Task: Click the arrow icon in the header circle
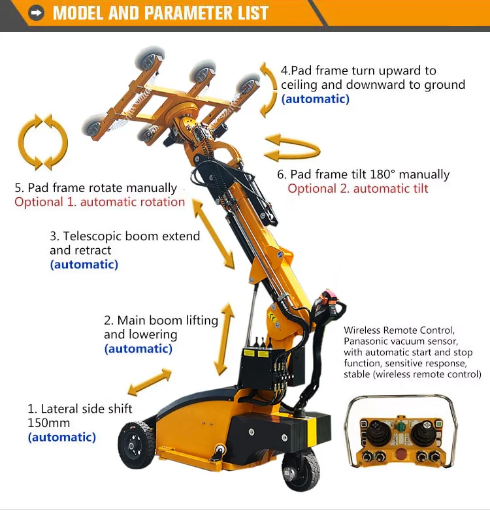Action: [x=36, y=13]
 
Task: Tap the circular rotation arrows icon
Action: [x=43, y=142]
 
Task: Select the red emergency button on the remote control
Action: [x=400, y=453]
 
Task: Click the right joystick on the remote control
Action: [x=424, y=432]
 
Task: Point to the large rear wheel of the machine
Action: [x=136, y=445]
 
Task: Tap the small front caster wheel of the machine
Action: [x=299, y=469]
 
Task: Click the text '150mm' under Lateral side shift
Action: [x=49, y=423]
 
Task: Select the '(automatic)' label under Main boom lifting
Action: [x=139, y=349]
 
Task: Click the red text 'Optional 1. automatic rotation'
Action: [x=99, y=202]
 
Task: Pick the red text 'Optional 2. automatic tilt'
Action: [x=358, y=189]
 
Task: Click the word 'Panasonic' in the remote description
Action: [x=365, y=341]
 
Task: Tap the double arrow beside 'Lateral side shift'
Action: [x=150, y=382]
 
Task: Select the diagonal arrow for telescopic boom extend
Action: [x=214, y=234]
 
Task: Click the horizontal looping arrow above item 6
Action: [x=293, y=148]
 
